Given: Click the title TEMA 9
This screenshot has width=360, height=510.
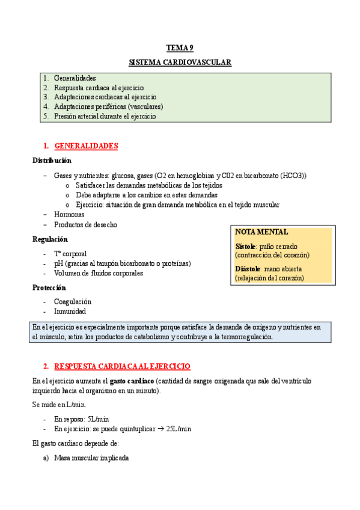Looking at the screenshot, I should tap(180, 48).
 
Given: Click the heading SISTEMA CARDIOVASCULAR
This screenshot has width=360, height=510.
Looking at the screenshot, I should tap(180, 62).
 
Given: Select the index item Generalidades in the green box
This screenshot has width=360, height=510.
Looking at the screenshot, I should tap(75, 78).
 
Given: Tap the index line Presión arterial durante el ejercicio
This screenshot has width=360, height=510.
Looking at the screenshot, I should tap(105, 117).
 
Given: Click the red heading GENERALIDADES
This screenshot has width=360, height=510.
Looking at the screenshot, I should tap(86, 146).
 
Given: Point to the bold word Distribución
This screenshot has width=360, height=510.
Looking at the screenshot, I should tap(52, 161).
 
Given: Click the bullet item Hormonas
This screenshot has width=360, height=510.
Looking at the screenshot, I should tap(69, 215).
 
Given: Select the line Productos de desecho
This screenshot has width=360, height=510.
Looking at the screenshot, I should tap(85, 225).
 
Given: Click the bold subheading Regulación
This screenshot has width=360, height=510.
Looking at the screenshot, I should tap(50, 239).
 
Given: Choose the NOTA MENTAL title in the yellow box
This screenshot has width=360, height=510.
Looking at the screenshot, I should tap(261, 232).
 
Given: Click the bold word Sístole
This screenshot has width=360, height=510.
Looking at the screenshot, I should tap(246, 247).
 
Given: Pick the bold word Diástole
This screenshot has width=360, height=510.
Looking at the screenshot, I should tap(248, 269).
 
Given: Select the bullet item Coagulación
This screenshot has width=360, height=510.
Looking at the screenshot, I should tap(73, 302).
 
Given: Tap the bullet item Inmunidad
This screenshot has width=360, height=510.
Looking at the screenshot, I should tap(70, 312).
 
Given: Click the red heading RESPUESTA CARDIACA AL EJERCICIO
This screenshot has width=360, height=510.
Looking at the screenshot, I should tap(122, 366).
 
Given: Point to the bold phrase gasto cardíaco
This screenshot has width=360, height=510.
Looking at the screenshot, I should tap(132, 381).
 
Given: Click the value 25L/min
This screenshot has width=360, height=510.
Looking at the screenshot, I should tap(178, 429).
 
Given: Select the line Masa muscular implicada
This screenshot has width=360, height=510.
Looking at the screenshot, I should tap(91, 458).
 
